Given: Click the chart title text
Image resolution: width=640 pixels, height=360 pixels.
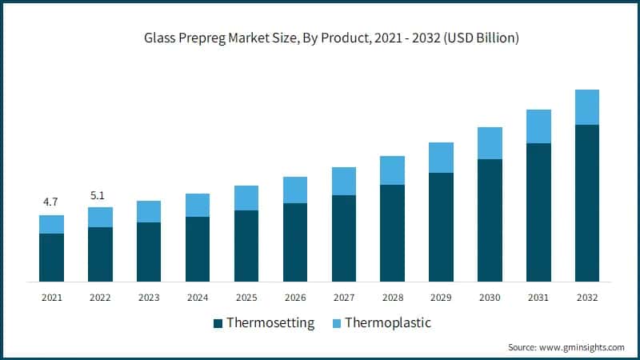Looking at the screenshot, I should coord(320,38).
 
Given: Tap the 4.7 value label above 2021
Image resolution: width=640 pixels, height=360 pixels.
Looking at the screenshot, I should coord(51,202).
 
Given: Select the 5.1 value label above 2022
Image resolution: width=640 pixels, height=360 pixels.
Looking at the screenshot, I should coord(100,194).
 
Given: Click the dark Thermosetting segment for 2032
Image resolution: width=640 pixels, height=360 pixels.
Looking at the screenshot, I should coord(587,203).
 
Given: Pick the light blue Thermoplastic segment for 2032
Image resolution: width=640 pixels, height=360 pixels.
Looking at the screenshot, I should coord(587,107).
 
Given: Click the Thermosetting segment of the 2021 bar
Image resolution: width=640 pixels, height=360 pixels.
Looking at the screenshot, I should coord(51,258).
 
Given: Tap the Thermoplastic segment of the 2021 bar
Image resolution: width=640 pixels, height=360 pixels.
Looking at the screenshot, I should coord(51,224).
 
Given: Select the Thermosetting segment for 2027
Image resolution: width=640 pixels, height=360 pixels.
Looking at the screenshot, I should coord(344,238).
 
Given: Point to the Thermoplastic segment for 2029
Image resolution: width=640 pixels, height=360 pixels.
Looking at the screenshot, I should coord(442,158).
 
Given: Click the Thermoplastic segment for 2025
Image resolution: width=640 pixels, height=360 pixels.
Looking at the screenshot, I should coord(246,198).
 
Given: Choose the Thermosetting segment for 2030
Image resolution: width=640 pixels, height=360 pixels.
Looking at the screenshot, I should coord(490,220).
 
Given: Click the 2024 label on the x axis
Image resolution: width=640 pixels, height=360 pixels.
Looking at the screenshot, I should coord(198,298).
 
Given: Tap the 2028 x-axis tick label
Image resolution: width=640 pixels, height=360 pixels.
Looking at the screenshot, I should coord(392,298).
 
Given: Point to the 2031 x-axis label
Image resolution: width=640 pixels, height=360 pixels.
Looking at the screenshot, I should coord(538,298).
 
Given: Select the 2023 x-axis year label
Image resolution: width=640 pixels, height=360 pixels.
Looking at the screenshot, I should coord(149,298).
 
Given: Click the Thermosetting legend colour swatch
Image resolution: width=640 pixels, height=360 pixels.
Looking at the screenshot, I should coord(218,324).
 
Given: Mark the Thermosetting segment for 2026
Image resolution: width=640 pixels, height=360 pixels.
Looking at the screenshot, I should coord(295,242).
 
